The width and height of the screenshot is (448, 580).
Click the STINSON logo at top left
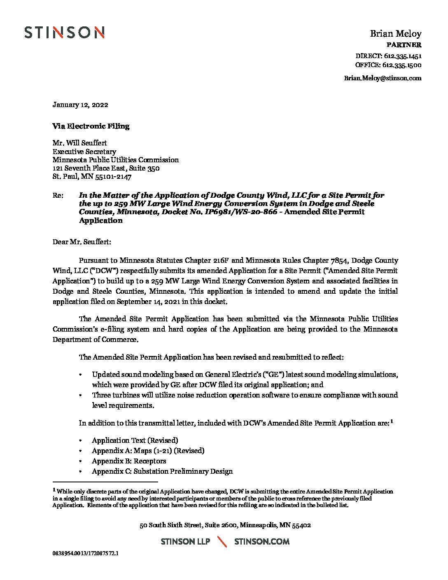pyautogui.click(x=64, y=33)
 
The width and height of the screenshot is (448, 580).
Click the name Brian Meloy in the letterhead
pyautogui.click(x=395, y=34)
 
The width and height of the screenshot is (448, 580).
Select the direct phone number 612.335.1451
pyautogui.click(x=402, y=56)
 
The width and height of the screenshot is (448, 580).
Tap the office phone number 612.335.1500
pyautogui.click(x=402, y=65)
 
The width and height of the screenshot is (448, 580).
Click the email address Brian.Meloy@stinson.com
pyautogui.click(x=383, y=78)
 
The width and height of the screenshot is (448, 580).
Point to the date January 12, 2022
pyautogui.click(x=80, y=105)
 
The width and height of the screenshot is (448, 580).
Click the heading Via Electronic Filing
pyautogui.click(x=91, y=126)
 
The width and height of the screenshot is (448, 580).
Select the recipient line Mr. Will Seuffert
pyautogui.click(x=79, y=143)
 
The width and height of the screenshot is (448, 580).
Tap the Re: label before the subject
pyautogui.click(x=58, y=195)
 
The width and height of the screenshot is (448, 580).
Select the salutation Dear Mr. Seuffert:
pyautogui.click(x=82, y=242)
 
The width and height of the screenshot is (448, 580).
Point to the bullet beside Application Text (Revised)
pyautogui.click(x=81, y=441)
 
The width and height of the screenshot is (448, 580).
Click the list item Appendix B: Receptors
pyautogui.click(x=129, y=461)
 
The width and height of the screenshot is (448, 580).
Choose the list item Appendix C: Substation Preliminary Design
pyautogui.click(x=162, y=471)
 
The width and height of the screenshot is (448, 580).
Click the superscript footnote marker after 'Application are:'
pyautogui.click(x=392, y=421)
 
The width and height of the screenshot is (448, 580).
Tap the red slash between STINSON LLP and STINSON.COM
pyautogui.click(x=222, y=541)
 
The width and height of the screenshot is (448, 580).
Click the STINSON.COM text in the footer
pyautogui.click(x=261, y=542)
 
